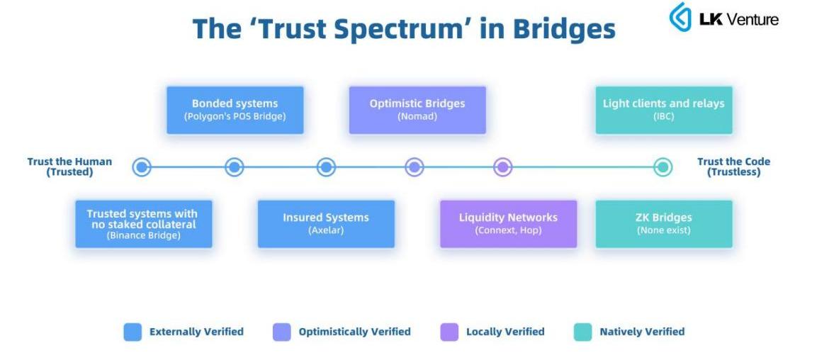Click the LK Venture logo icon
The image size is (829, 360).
680,17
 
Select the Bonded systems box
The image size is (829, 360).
235,110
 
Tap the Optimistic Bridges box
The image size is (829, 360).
417,110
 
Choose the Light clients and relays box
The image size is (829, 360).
663,110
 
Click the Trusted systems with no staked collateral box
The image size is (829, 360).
143,224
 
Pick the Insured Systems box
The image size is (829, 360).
326,224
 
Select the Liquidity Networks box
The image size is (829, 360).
508,224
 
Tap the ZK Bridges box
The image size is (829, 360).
663,224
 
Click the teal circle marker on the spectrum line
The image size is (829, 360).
662,167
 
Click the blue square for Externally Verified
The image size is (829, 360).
132,332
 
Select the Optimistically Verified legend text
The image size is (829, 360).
354,332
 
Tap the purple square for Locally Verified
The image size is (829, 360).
449,332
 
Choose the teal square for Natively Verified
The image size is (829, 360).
582,332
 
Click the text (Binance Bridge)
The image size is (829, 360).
143,235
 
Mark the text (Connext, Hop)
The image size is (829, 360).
508,230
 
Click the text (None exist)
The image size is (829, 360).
663,230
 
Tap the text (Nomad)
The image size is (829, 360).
417,116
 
